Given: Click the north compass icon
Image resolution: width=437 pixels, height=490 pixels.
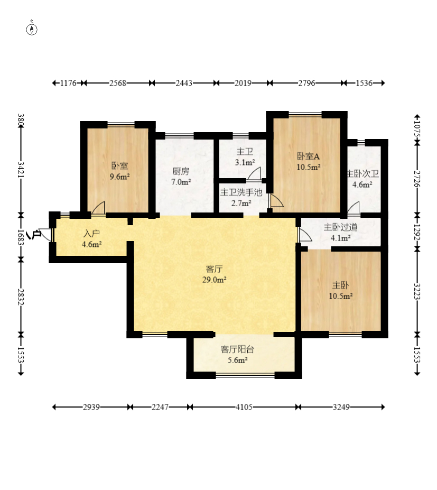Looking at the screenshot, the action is pos(32,30).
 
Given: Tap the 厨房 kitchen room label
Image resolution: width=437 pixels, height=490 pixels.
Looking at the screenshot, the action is pos(181,177).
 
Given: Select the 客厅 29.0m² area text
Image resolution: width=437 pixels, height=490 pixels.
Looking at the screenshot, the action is pos(215,274).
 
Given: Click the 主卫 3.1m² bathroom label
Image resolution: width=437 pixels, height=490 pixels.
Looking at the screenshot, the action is pos(245,157).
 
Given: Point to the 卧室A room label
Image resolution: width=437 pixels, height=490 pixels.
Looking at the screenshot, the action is pos(308,162).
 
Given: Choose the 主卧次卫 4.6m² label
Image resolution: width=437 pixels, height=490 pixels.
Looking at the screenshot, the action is pos(362,179).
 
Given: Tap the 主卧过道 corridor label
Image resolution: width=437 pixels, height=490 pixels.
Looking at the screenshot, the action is pos(340,233).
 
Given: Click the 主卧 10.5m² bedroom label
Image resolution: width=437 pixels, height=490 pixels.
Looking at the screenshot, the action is pos(340,290).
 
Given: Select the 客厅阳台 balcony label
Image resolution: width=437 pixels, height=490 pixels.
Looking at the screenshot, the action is pos(237,355).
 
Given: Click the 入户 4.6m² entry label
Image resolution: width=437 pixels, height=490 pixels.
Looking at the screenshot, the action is pos(91,239).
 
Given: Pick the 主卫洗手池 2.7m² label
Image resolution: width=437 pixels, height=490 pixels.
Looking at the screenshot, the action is pos(241,198).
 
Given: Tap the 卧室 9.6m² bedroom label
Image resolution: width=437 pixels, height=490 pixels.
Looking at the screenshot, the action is pos(119,171).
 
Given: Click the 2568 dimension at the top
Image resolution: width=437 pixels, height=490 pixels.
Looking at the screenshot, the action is pos(118,83).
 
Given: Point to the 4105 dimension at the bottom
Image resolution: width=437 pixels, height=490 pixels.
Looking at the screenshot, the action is pos(244,407).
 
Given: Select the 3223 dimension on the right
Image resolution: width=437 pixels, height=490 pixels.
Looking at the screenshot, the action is pos(417,291).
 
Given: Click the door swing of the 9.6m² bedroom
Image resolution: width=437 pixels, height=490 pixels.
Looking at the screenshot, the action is pos(98,208).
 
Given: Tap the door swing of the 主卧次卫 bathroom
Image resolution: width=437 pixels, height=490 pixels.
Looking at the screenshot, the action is pos(354,208).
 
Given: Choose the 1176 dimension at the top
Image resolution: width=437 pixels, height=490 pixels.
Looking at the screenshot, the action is pos(68,83).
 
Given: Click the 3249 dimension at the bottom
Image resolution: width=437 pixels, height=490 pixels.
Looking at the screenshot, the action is pos(341,407).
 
